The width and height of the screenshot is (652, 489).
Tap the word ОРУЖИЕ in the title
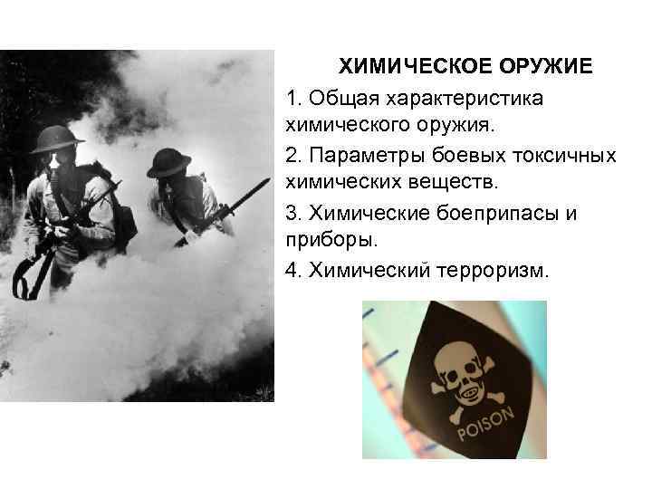tap(537, 68)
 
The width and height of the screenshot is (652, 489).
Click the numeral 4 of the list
tap(290, 272)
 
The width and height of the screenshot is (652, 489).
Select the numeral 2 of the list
tap(290, 156)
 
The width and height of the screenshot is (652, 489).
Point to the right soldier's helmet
tap(168, 161)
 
